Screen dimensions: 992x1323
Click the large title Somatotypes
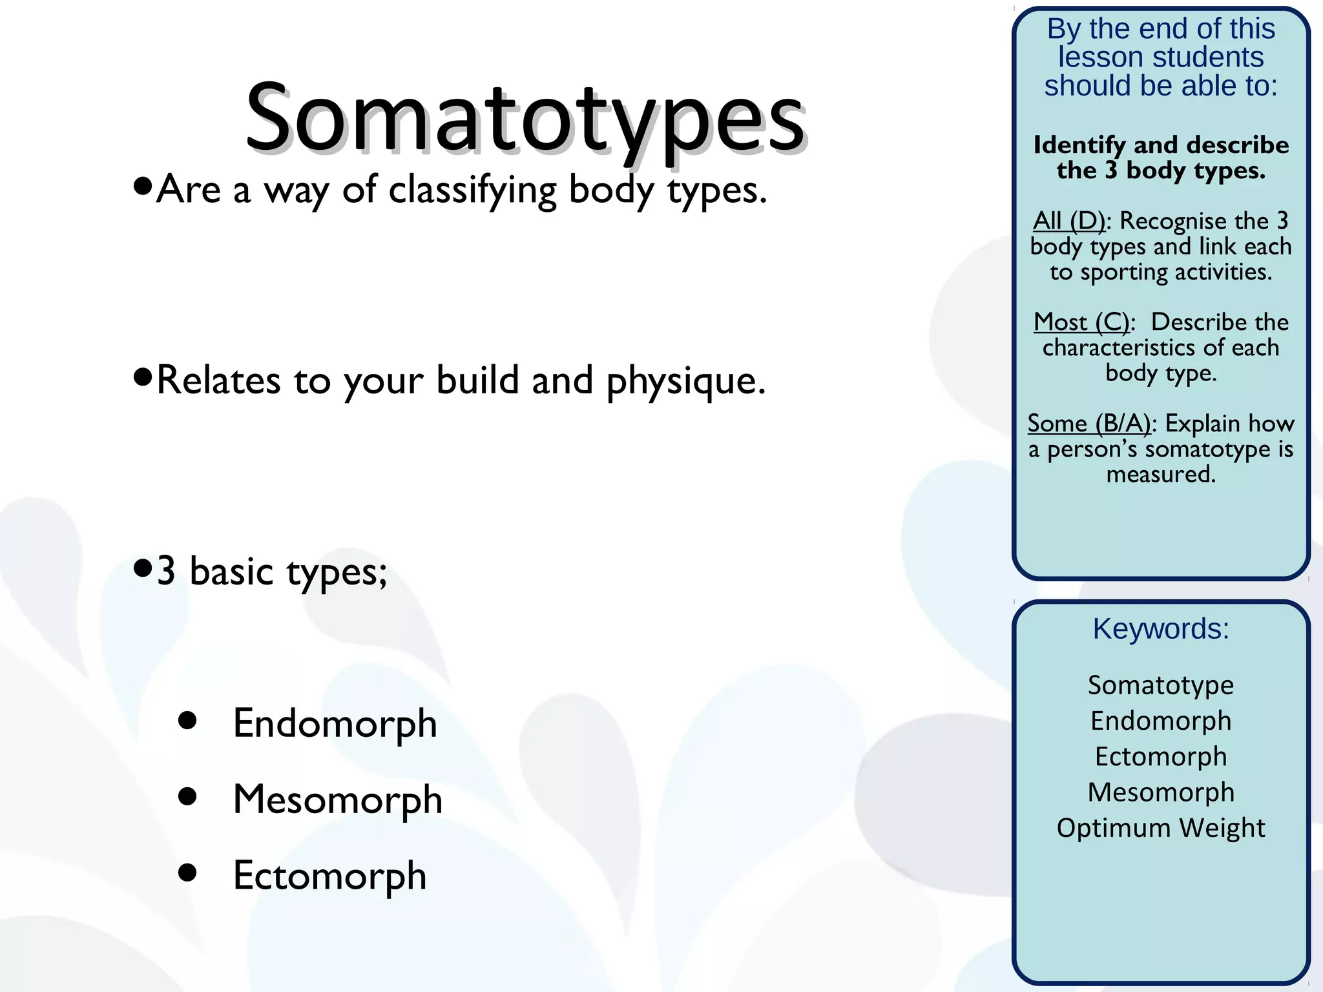(x=525, y=119)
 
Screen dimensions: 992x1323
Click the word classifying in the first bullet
(x=472, y=191)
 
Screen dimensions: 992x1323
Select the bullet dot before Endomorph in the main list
(x=187, y=720)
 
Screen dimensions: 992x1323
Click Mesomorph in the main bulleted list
(x=337, y=799)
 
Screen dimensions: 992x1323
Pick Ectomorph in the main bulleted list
(x=329, y=876)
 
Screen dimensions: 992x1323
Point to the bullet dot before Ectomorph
(x=187, y=873)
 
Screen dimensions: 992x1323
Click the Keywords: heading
(x=1160, y=628)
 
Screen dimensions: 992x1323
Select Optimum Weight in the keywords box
(x=1160, y=828)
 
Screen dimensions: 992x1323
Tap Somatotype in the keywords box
(x=1160, y=685)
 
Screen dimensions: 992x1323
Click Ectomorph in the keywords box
(x=1160, y=756)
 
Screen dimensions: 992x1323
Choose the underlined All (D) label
(x=1068, y=222)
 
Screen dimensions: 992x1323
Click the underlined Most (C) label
(x=1081, y=322)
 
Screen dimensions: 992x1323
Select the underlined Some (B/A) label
(x=1089, y=424)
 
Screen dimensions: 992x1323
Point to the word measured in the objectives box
(x=1160, y=475)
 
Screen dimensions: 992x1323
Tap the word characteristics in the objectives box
(x=1120, y=348)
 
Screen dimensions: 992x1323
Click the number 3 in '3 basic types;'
(x=166, y=571)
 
